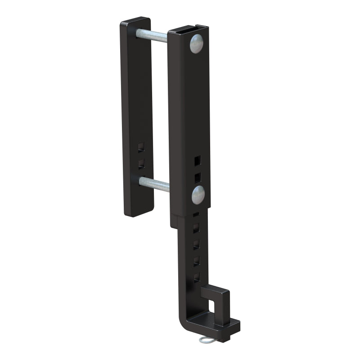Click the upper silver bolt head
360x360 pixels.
(x=196, y=44)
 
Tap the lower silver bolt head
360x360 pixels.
(x=198, y=194)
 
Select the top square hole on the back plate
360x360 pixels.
(x=141, y=147)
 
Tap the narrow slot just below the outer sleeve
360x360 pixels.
(x=196, y=214)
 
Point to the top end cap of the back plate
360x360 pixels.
(x=135, y=21)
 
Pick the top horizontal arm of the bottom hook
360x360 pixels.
(x=216, y=291)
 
